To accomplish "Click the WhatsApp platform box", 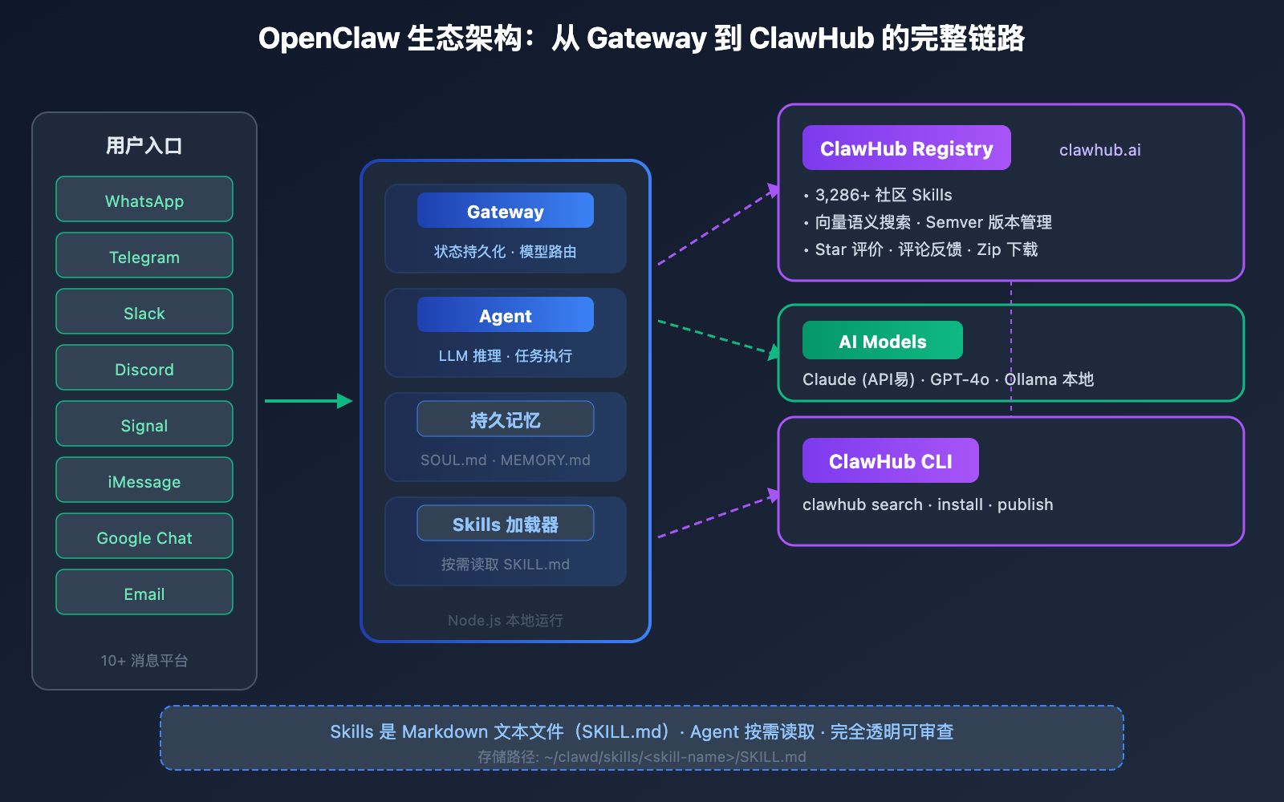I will click(144, 199).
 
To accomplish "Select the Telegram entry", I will click(144, 255).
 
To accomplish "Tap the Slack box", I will click(144, 311).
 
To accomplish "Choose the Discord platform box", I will click(144, 367).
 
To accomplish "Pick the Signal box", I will click(144, 423).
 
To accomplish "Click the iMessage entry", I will click(144, 480).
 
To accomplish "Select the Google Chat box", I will click(144, 536).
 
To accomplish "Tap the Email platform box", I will click(144, 592).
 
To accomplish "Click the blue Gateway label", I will click(506, 210).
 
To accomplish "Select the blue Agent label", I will click(506, 314).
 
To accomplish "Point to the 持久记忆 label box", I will click(506, 419).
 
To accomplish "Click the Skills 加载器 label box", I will click(506, 523).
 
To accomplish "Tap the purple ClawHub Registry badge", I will click(906, 148).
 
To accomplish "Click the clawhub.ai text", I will click(1099, 150).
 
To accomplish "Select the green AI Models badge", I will click(882, 340).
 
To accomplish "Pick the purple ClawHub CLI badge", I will click(890, 460).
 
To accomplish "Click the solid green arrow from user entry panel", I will click(308, 401).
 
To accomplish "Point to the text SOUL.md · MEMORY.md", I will click(506, 460).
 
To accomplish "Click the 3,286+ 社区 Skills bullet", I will click(883, 195).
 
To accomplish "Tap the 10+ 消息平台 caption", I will click(144, 661).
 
